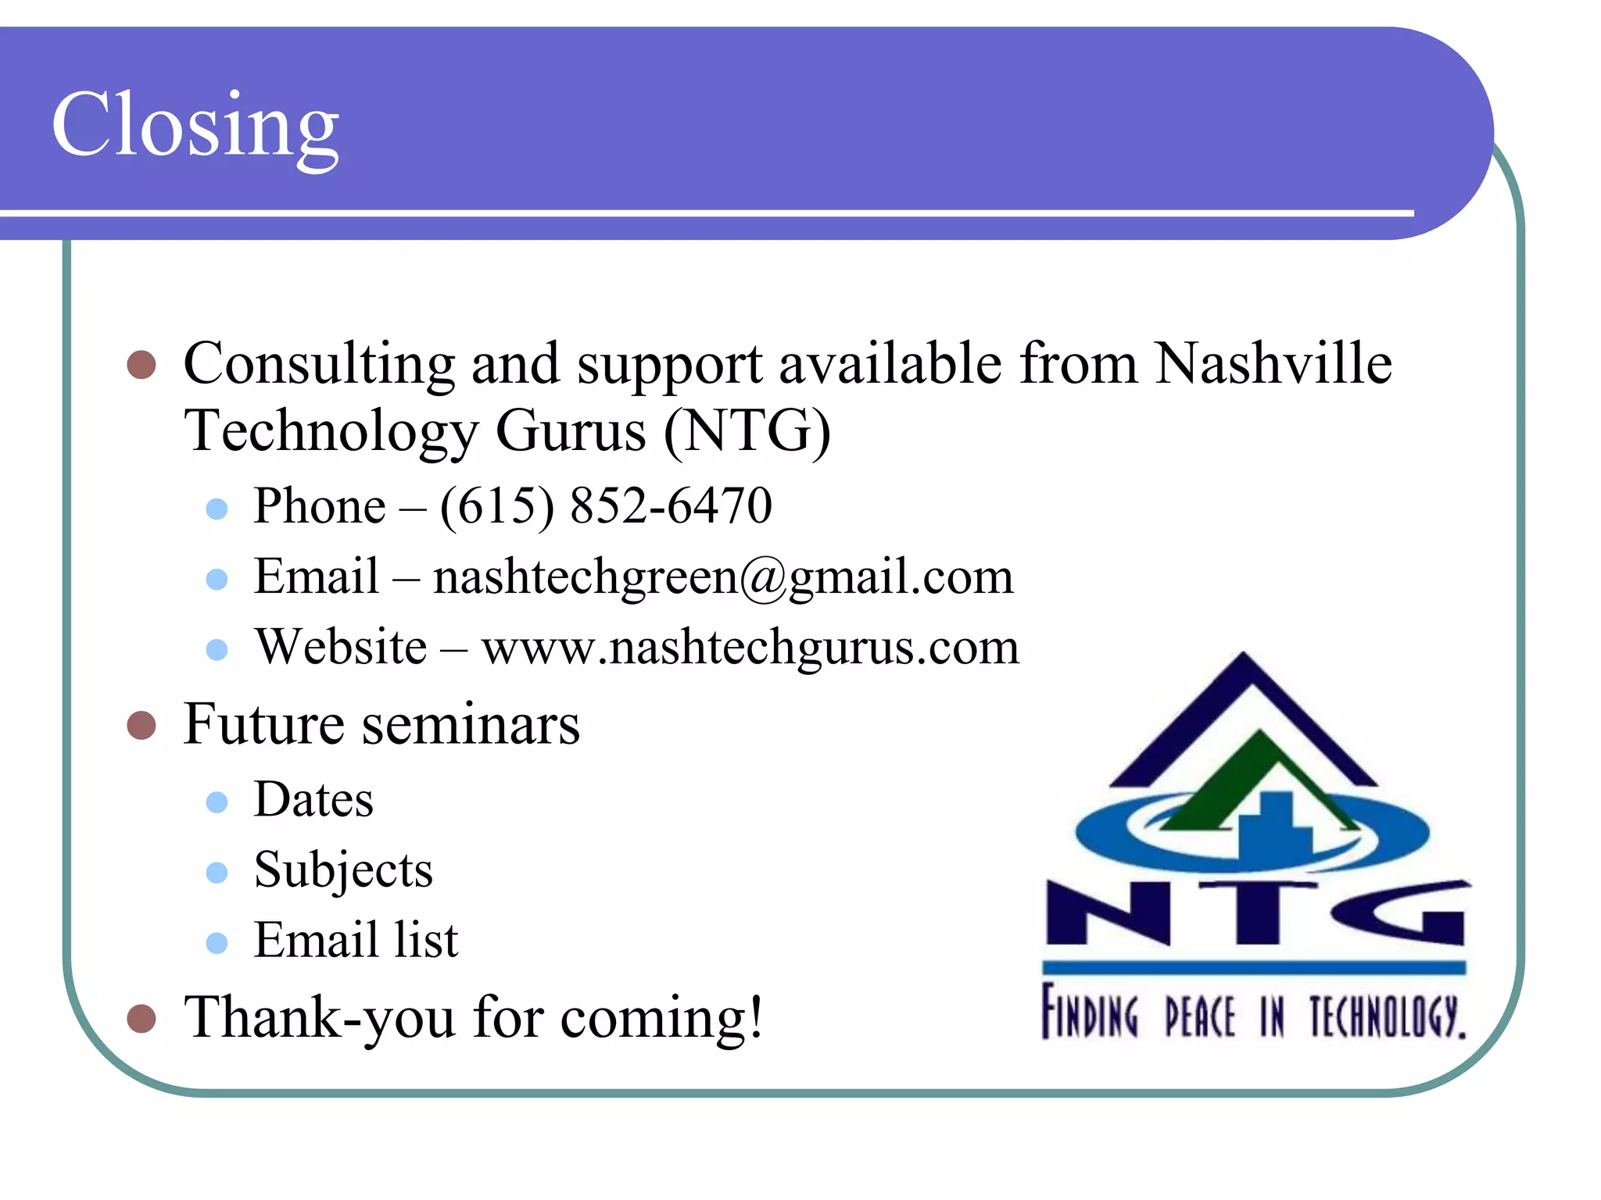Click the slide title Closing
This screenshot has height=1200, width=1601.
[195, 125]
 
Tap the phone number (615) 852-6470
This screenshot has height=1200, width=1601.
[606, 505]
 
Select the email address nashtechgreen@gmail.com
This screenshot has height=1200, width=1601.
[723, 577]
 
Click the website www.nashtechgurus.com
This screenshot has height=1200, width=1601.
[750, 647]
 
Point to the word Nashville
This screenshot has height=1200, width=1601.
[1273, 363]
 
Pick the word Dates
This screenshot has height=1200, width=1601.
[313, 799]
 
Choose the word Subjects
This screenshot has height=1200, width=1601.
[343, 870]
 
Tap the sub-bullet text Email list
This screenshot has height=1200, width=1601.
[356, 940]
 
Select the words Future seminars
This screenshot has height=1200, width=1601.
[381, 724]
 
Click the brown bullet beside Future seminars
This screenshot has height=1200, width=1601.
[141, 725]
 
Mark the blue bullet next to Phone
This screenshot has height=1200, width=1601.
[217, 509]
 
